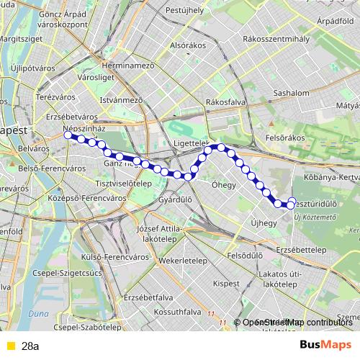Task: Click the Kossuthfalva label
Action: point(173,312)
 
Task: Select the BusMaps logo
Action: point(325,345)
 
